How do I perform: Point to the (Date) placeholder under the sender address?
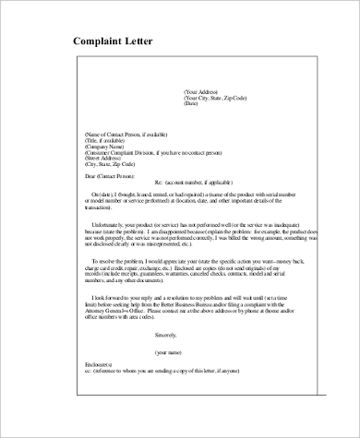tap(192, 103)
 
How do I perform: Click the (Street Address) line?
tap(106, 159)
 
